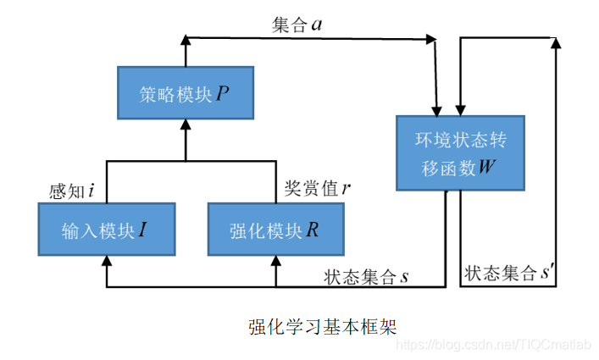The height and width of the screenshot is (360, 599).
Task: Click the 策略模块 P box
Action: click(x=185, y=93)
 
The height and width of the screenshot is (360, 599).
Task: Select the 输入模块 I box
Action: click(x=106, y=229)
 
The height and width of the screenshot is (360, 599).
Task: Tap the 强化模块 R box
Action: click(x=275, y=229)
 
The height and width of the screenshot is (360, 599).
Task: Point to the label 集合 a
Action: click(x=296, y=25)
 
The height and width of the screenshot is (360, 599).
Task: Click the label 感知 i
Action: click(x=72, y=191)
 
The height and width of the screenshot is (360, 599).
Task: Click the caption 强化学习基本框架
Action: click(x=322, y=326)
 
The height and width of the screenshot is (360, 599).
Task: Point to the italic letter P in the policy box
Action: click(x=222, y=93)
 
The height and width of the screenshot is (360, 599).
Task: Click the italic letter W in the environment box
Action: click(x=486, y=167)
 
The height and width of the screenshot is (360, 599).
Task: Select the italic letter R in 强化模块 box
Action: click(x=313, y=230)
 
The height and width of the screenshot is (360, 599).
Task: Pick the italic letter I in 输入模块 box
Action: click(x=144, y=230)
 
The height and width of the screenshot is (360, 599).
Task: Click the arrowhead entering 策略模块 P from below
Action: click(x=185, y=124)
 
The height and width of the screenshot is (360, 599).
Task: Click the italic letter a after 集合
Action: click(x=316, y=25)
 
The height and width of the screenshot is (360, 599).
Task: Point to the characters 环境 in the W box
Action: click(x=426, y=138)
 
